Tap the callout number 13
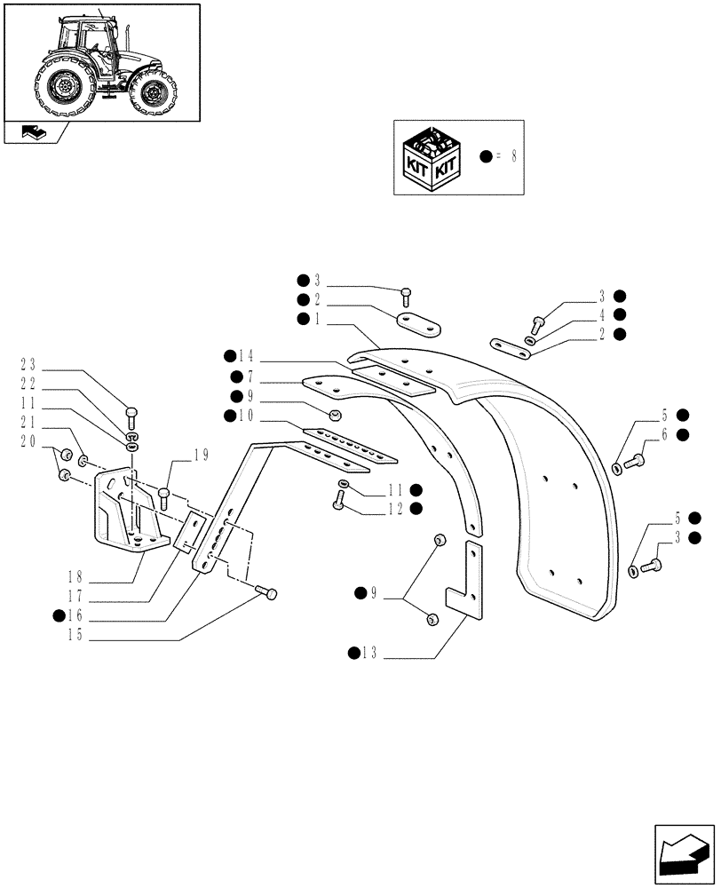click(368, 654)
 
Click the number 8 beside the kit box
click(514, 155)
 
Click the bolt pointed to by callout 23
click(132, 413)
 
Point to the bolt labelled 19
click(163, 496)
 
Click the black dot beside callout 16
click(59, 614)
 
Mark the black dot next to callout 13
click(353, 654)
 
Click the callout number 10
click(246, 415)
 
